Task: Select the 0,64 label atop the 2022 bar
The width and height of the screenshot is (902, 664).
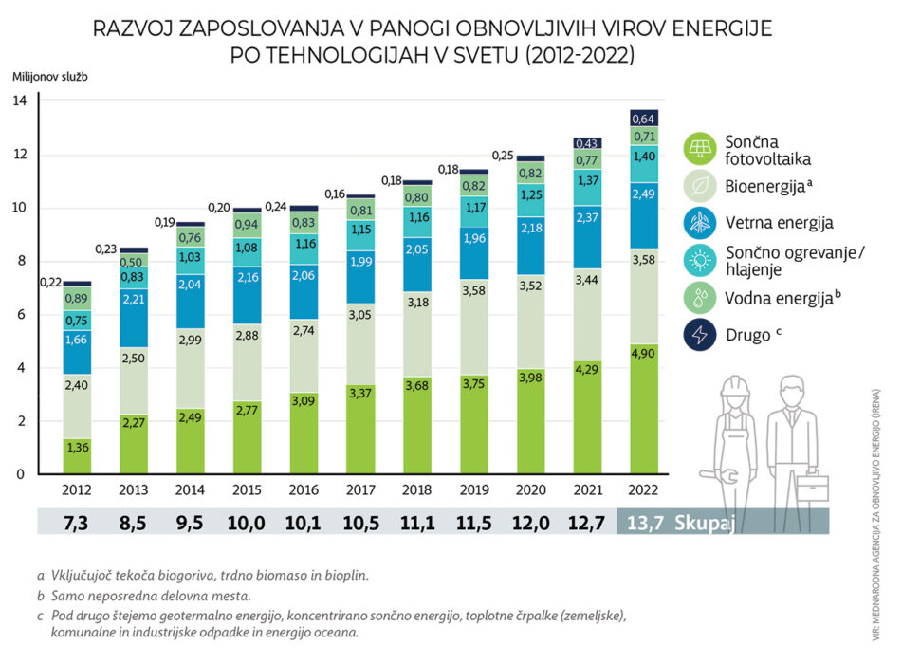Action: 645,119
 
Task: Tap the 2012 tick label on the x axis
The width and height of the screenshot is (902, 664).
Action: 77,490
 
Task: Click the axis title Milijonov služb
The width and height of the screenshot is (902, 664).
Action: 49,76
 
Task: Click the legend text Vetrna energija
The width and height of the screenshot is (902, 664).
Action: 779,223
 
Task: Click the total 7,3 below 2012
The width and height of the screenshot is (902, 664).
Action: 77,521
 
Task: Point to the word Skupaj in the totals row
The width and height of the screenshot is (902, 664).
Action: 706,521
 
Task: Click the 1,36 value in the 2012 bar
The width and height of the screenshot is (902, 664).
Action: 77,447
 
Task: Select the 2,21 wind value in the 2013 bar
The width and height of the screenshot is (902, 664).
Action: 134,298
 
